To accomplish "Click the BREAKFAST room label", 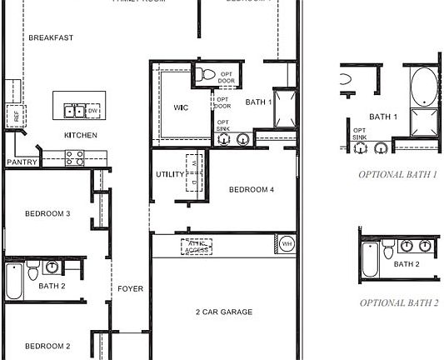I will pos(51,37).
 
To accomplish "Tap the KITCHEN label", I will pos(81,135).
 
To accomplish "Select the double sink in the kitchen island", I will pos(73,110).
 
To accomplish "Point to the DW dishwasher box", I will pos(92,110).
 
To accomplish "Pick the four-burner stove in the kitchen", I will pos(75,156).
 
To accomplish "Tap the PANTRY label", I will pos(22,162).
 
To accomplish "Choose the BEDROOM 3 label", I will pos(47,214).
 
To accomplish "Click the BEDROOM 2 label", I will pos(47,346).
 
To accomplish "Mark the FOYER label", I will pos(130,289).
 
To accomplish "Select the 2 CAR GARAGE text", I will pos(224,312).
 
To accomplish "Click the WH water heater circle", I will pos(287,244).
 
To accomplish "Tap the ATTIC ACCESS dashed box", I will pos(197,246).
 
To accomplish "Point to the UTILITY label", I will pos(170,175).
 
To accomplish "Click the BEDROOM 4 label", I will pos(252,190).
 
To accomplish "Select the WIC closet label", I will pos(182,108).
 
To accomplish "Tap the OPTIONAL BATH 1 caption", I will pos(398,175).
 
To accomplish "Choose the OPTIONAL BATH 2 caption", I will pos(399,302).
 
